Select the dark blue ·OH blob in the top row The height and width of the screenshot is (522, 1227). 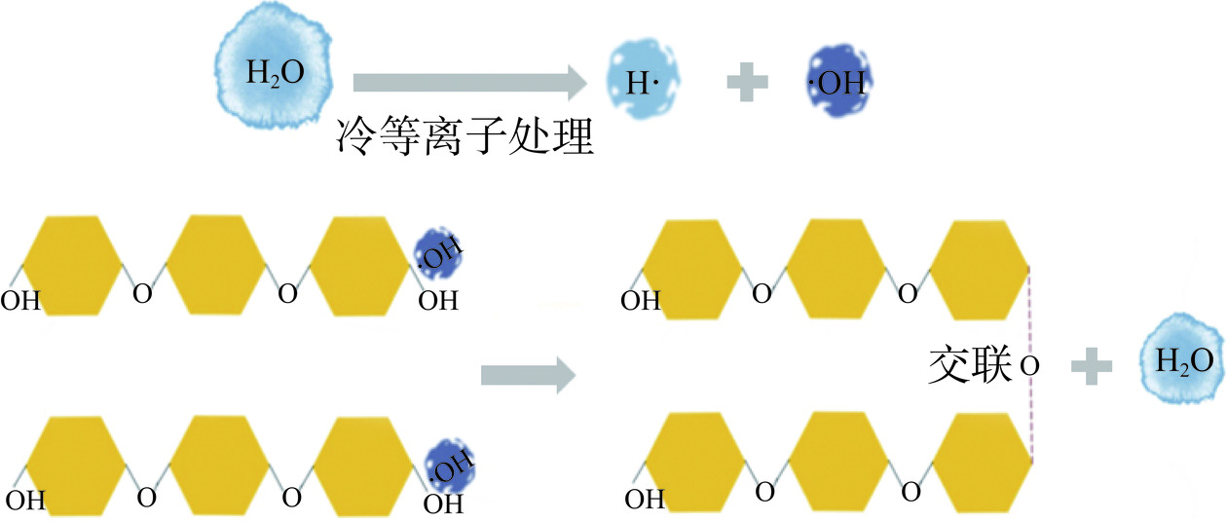838,82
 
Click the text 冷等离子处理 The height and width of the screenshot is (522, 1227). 465,135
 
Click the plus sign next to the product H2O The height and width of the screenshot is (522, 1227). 1092,365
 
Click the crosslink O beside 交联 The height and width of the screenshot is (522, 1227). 1029,367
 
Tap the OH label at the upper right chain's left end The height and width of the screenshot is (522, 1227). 641,301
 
